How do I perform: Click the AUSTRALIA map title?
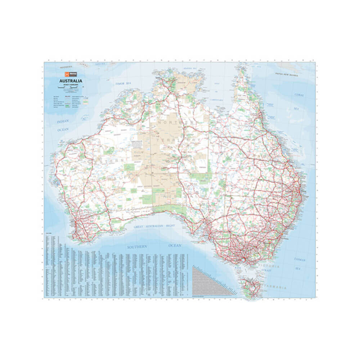[71, 81]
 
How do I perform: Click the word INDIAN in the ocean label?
[62, 122]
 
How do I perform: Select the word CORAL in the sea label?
[299, 95]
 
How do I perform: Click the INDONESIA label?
[66, 67]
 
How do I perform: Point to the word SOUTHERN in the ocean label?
[137, 247]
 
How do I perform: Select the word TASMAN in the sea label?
[299, 259]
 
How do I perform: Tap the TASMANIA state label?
[275, 288]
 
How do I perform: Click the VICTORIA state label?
[268, 266]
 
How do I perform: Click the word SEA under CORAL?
[296, 108]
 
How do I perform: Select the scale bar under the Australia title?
[71, 87]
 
